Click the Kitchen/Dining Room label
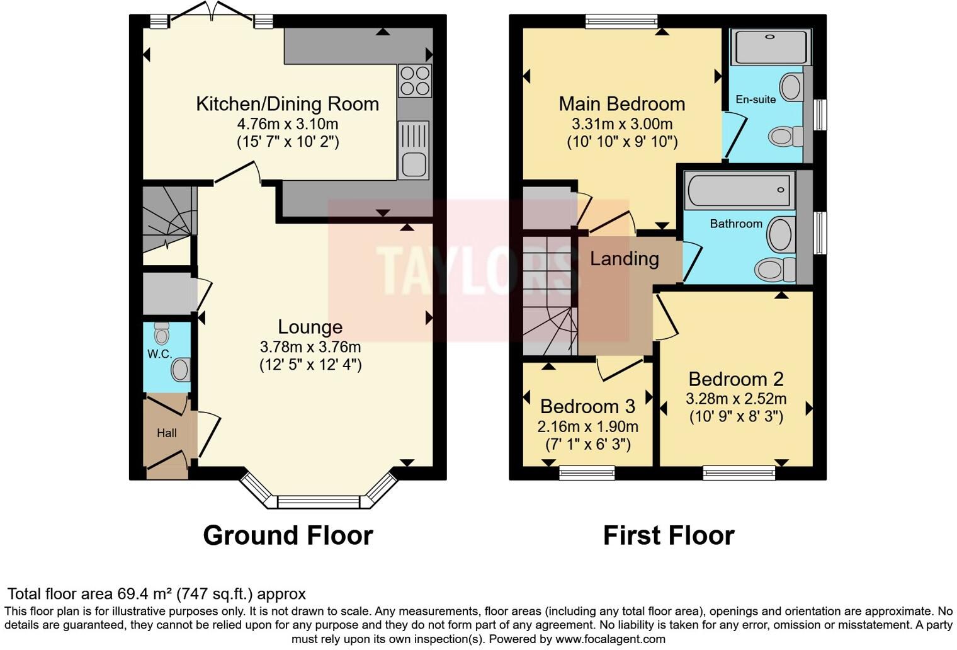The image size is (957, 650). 287,104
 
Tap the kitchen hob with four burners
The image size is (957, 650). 415,81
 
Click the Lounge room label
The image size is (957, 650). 310,327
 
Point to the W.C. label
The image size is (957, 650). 160,354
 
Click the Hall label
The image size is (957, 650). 167,433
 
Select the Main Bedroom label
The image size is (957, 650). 621,104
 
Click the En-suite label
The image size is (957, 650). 756,100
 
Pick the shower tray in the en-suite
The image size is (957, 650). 770,47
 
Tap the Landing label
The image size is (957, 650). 624,259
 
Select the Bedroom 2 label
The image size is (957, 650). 735,379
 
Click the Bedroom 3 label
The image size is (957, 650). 587,407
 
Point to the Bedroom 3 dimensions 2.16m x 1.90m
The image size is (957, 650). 587,427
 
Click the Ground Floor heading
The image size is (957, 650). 288,536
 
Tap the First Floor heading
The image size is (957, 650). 669,536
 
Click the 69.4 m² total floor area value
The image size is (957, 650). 145,594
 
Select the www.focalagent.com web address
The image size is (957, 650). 609,639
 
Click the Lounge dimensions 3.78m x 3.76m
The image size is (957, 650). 310,347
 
